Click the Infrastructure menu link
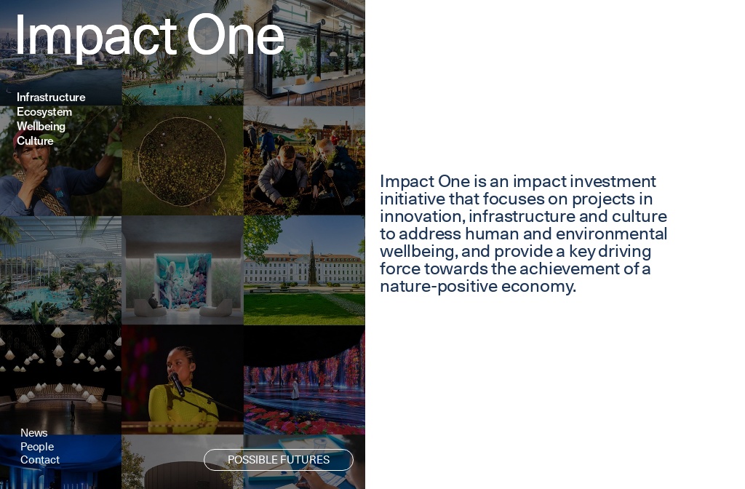tap(51, 98)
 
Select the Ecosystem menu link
tap(44, 112)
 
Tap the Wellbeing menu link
tap(41, 127)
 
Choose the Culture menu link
tap(35, 141)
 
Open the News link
tap(34, 433)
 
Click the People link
tap(37, 447)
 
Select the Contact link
tap(40, 460)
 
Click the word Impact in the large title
tap(95, 36)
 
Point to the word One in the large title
tap(235, 36)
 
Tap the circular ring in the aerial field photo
tap(182, 161)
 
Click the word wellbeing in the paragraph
tap(418, 252)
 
